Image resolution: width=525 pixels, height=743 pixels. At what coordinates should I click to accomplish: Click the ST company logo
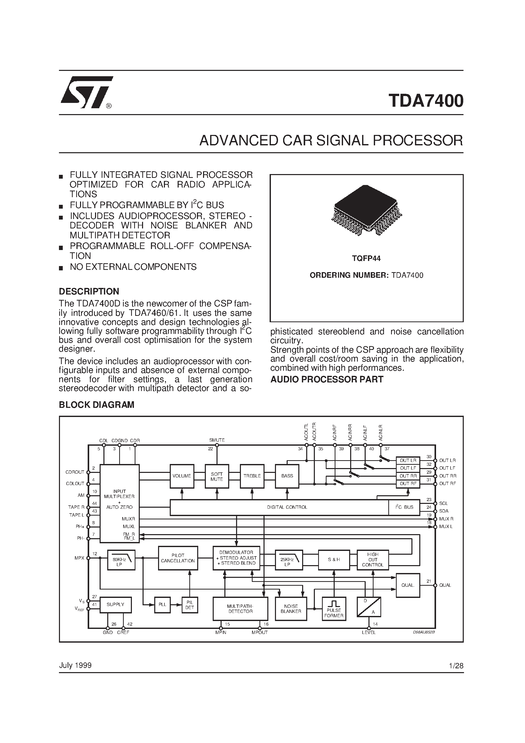tap(86, 92)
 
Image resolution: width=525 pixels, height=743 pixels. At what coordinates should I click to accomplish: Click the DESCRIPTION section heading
tap(89, 291)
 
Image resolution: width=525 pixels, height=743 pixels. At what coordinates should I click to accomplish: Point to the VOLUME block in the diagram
tap(182, 476)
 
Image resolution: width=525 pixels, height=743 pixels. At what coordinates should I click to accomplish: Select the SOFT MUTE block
tap(217, 476)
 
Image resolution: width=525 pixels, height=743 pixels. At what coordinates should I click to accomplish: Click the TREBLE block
tap(252, 476)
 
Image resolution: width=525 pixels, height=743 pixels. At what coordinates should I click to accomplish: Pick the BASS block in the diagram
tap(287, 476)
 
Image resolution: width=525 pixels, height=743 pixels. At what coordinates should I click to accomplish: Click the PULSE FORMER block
tap(334, 609)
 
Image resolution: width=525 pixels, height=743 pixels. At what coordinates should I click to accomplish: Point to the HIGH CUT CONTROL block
tap(373, 560)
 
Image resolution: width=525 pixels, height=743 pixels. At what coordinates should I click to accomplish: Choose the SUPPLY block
tap(116, 605)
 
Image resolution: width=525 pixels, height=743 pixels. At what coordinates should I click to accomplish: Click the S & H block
tap(334, 560)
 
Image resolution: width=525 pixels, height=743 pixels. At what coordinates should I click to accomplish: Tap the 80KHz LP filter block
tap(121, 560)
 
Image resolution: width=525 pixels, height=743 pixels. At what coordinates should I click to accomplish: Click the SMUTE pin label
tap(217, 440)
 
